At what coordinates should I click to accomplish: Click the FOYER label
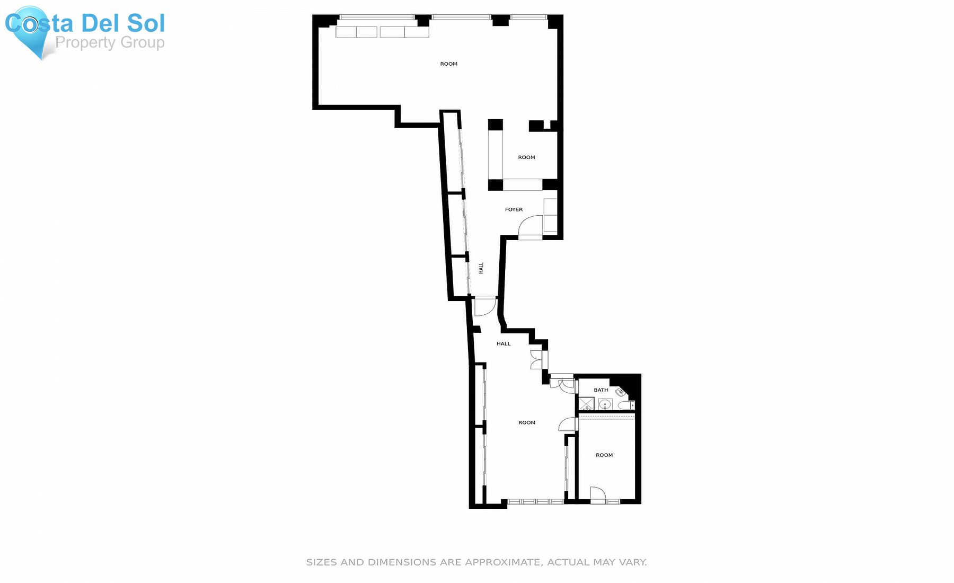click(x=514, y=209)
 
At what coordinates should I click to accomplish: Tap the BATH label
click(x=601, y=390)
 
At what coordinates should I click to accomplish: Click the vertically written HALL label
click(x=481, y=268)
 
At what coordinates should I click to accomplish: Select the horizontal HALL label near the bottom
click(x=503, y=344)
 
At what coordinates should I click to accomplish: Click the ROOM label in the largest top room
click(x=448, y=64)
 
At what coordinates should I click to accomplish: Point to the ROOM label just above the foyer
click(x=526, y=157)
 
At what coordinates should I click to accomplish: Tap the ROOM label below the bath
click(x=604, y=455)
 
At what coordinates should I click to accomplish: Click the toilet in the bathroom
click(x=626, y=405)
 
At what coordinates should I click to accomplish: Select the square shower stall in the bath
click(x=586, y=404)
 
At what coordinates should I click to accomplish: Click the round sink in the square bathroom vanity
click(x=605, y=405)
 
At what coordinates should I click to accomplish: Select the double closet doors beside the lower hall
click(x=536, y=360)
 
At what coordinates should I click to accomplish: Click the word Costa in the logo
click(x=40, y=23)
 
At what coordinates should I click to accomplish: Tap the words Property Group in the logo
click(x=110, y=42)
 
